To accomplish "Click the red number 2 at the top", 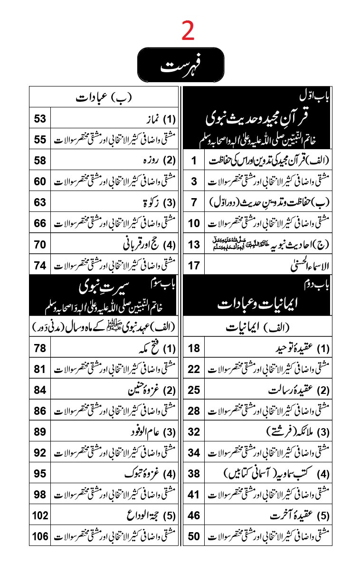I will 188,32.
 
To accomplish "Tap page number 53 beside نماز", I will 40,119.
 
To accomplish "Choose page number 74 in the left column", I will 40,265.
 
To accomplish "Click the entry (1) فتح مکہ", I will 152,349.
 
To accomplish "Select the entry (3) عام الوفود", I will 147,432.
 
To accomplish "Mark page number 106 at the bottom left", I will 40,536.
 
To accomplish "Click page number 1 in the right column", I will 194,161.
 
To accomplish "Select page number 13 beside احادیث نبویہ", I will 194,244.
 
